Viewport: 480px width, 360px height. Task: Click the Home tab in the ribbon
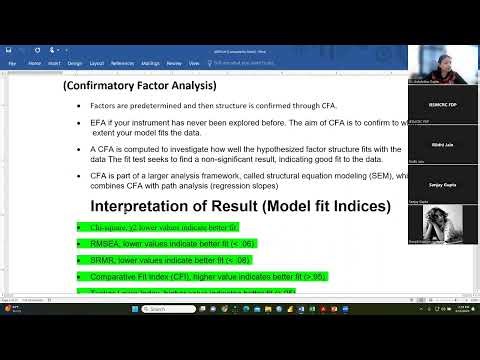tap(35, 62)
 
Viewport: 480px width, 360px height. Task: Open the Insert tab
tap(56, 62)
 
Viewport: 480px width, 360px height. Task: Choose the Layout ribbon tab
tap(97, 62)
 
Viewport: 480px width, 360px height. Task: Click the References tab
tap(122, 62)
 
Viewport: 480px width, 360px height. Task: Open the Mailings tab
tap(150, 62)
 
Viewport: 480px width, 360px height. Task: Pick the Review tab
tap(174, 62)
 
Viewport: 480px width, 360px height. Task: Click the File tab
tap(13, 62)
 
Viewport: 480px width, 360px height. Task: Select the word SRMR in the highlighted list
tap(100, 260)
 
